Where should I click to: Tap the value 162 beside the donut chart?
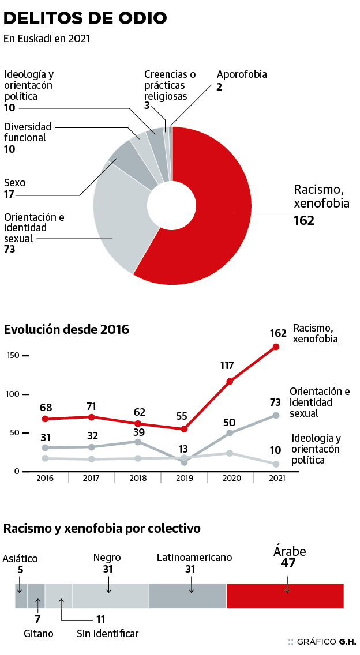click(304, 220)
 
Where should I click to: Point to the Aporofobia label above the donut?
click(242, 74)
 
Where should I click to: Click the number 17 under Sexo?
click(9, 194)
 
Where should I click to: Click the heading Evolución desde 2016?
click(66, 330)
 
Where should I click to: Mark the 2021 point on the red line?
click(276, 347)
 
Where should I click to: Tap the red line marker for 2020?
click(230, 381)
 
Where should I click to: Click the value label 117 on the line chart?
click(227, 366)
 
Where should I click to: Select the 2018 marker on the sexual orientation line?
click(138, 442)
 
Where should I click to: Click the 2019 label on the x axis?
click(184, 478)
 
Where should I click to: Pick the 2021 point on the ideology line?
click(276, 464)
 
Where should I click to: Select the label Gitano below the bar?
click(39, 634)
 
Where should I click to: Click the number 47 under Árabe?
click(288, 563)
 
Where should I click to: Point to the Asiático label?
click(20, 559)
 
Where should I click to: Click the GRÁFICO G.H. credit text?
click(326, 642)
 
